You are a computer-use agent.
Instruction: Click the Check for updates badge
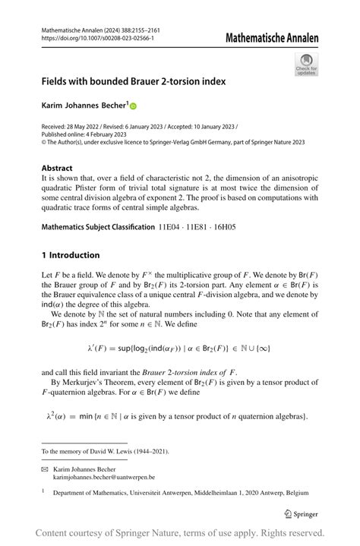[x=306, y=65]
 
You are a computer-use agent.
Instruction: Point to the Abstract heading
[x=57, y=168]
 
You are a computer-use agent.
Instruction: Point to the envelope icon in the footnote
[x=45, y=469]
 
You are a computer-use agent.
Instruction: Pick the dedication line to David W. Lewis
[x=105, y=451]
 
